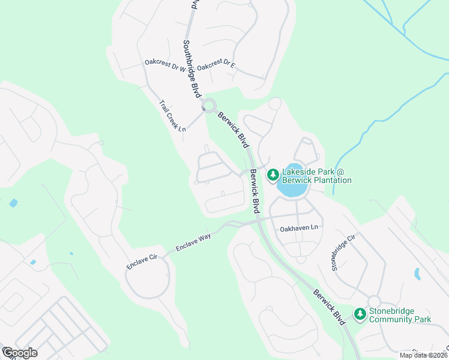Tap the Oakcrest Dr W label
166,65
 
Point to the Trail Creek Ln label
173,116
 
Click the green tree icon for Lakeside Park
273,175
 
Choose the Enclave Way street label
193,242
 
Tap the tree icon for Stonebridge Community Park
360,314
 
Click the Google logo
19,353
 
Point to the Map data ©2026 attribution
423,355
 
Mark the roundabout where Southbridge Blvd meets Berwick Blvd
209,107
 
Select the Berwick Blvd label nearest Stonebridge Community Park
330,307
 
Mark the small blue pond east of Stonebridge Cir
417,274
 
